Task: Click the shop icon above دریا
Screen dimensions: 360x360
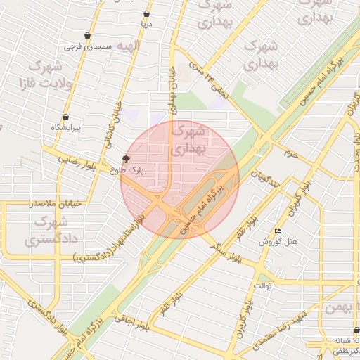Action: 146,13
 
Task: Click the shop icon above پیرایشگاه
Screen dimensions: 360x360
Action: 66,117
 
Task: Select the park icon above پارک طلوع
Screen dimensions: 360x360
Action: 126,158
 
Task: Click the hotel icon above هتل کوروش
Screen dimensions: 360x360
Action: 278,231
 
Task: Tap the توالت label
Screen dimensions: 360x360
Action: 262,287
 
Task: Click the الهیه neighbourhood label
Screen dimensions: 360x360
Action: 129,46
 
